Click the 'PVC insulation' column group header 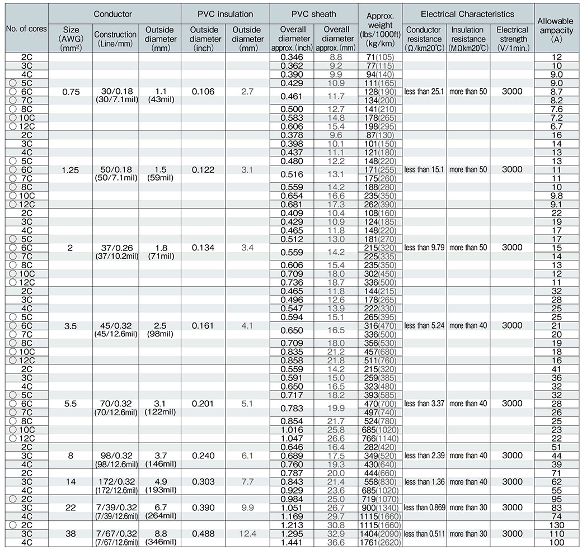coord(225,13)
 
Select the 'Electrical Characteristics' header coord(467,13)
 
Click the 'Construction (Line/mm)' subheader coord(115,38)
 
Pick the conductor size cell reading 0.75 coord(70,91)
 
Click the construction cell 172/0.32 coord(115,482)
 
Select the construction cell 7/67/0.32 coord(115,534)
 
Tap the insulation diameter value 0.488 coord(203,534)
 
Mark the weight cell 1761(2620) coord(381,542)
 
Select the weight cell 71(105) coord(381,57)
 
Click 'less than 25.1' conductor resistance coord(424,91)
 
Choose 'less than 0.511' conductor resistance coord(424,534)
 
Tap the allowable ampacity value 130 coord(557,525)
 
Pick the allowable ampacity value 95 coord(557,499)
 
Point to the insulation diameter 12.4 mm coord(247,534)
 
